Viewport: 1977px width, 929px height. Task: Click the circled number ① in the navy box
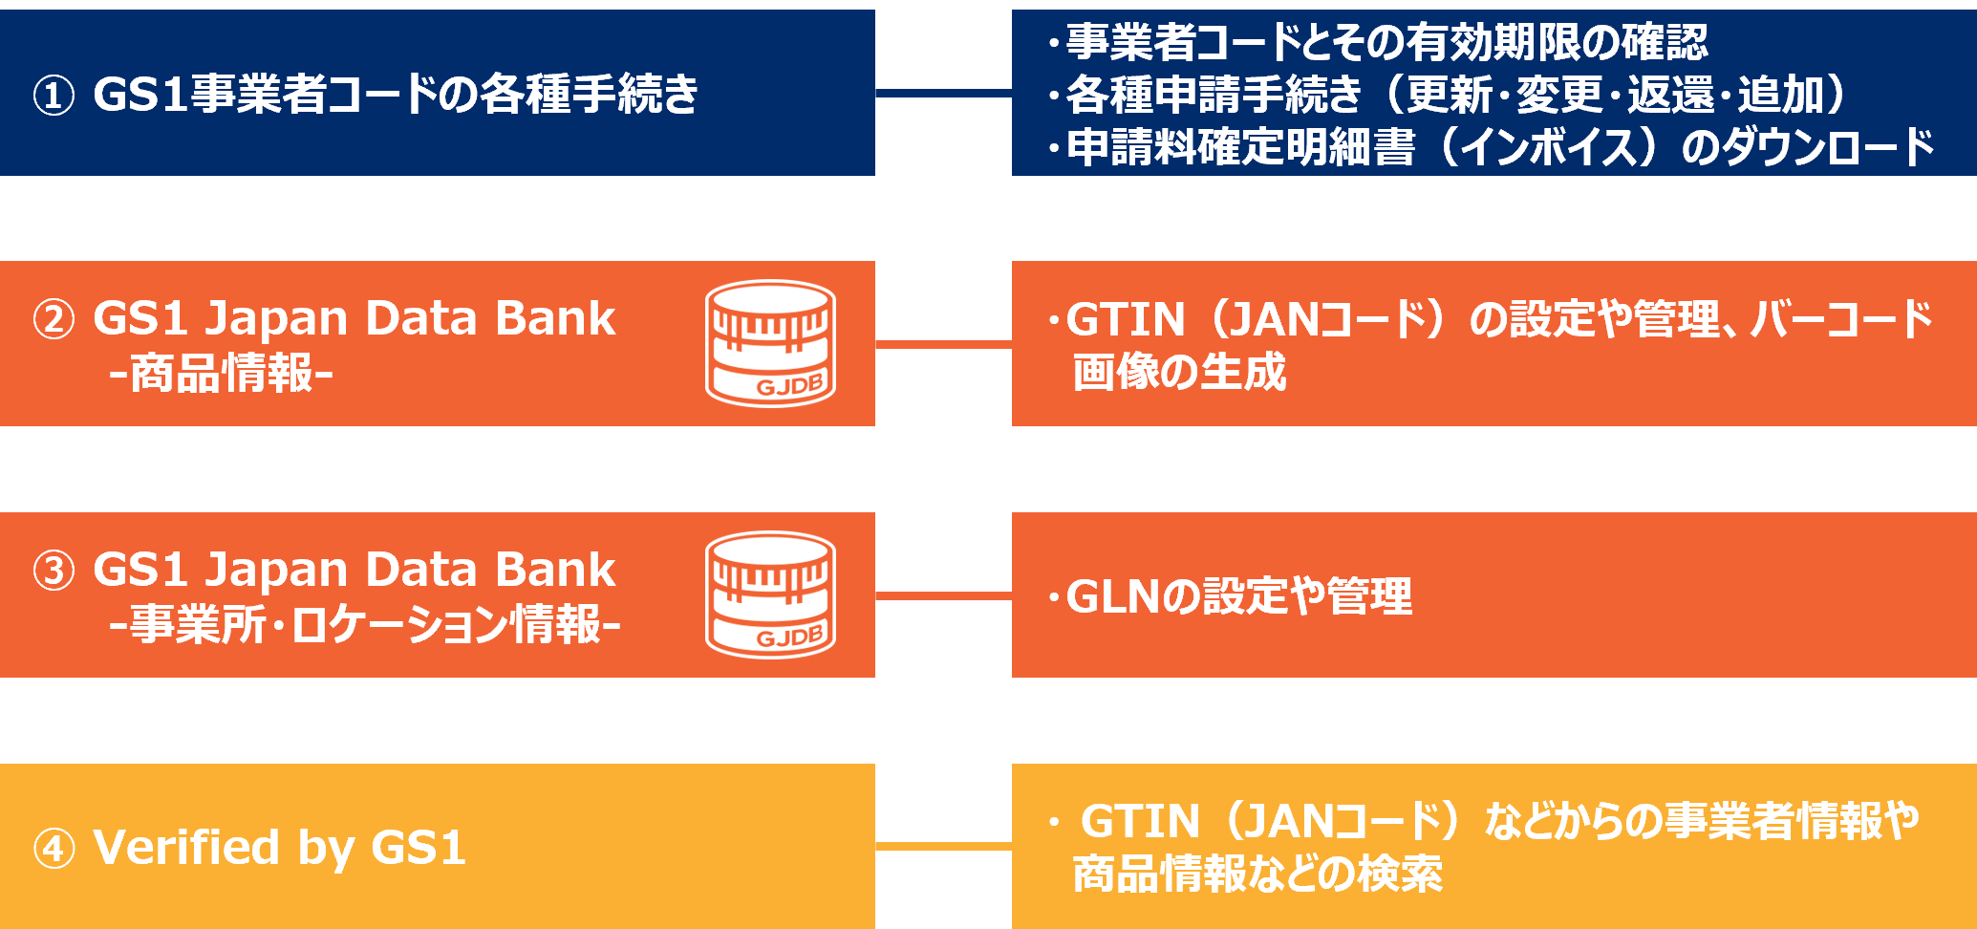[x=54, y=96]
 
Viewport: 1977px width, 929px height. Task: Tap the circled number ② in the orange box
[x=54, y=319]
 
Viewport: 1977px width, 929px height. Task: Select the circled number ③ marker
[x=54, y=571]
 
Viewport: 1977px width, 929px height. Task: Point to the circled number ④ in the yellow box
[x=54, y=849]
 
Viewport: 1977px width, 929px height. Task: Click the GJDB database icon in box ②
[x=770, y=343]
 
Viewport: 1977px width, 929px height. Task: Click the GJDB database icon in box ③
[x=770, y=594]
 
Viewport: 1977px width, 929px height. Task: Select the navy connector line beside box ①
[x=942, y=93]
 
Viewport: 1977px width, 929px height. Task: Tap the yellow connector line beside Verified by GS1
[x=942, y=846]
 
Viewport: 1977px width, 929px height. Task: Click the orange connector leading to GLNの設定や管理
[x=942, y=595]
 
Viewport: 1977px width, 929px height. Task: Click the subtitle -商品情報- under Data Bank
[x=221, y=374]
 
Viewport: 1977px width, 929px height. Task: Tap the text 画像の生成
[x=1179, y=373]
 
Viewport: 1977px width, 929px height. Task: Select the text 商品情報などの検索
[x=1257, y=875]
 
